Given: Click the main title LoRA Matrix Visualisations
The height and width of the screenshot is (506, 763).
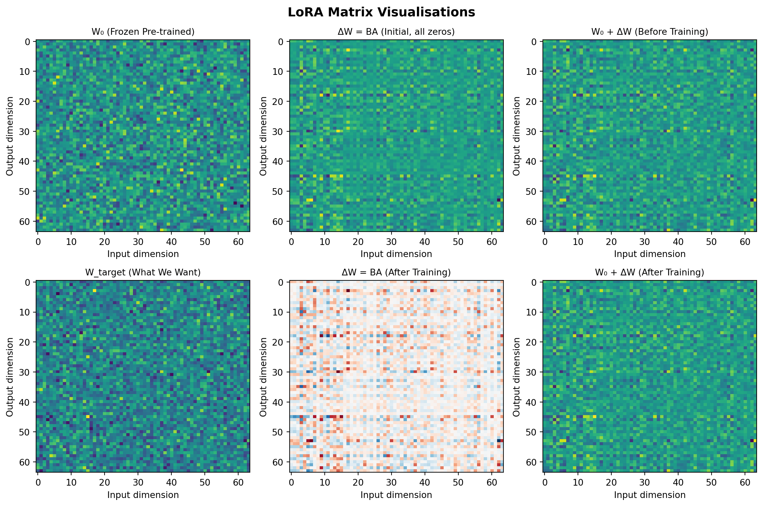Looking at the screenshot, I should [x=381, y=12].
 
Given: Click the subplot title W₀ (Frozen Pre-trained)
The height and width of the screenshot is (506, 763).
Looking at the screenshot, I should [x=143, y=32].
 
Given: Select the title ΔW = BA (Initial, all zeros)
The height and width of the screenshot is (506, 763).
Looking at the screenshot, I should [x=396, y=32].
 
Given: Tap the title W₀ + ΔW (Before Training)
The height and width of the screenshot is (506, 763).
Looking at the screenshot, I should [x=649, y=32].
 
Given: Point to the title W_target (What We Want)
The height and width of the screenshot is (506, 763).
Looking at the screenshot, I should [x=143, y=272].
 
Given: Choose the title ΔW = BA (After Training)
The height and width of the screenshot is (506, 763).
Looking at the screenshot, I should [x=396, y=272].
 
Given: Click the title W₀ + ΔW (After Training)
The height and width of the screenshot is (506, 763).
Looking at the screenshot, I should [x=649, y=272].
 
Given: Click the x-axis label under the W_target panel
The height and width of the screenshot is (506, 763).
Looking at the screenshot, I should [x=143, y=495].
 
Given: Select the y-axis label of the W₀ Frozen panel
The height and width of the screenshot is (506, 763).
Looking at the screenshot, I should [x=10, y=136].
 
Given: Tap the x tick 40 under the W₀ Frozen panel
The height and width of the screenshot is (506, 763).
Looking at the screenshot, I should [x=171, y=242].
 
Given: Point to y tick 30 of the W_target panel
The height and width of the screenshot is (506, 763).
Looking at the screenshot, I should [x=25, y=372].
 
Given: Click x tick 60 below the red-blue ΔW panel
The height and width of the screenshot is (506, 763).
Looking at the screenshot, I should [x=492, y=483].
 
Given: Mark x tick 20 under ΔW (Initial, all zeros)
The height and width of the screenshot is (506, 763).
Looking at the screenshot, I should [x=358, y=242].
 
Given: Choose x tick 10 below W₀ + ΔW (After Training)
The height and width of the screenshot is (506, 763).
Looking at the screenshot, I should [x=578, y=483].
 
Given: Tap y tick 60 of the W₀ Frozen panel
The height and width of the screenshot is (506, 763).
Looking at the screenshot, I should [x=25, y=222].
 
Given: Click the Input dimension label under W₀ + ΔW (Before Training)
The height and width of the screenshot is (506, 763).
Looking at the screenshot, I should [x=649, y=254].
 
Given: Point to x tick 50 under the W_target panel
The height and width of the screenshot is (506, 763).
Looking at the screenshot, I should [x=205, y=483].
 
